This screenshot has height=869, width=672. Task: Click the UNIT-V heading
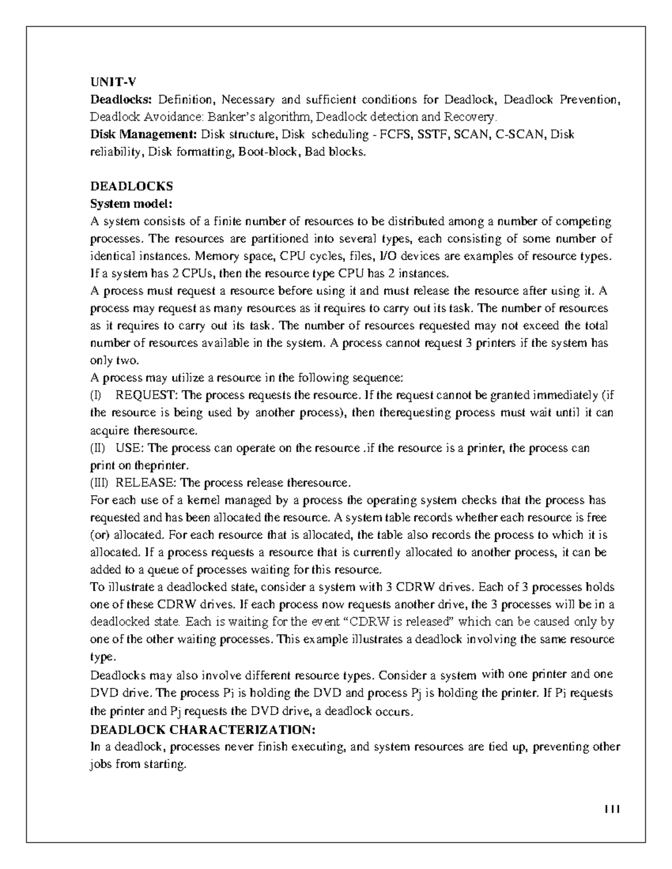coord(113,82)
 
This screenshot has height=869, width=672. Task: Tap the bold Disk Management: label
coord(143,134)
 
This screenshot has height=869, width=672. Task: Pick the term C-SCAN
coord(520,134)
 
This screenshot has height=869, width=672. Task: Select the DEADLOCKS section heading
coord(132,186)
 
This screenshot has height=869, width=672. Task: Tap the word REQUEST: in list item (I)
coord(147,395)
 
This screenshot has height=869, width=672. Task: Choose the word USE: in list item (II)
coord(130,448)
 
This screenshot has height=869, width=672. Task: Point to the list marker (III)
coord(100,483)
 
